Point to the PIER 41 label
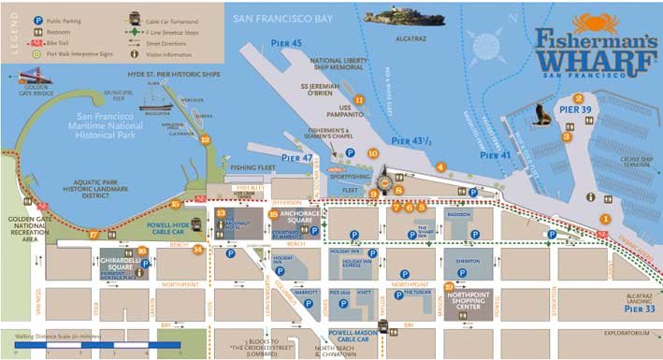click(497, 156)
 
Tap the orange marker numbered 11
click(359, 99)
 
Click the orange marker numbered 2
click(579, 98)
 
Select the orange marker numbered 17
click(94, 235)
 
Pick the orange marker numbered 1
click(605, 219)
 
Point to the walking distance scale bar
click(98, 345)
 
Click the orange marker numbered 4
click(440, 167)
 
